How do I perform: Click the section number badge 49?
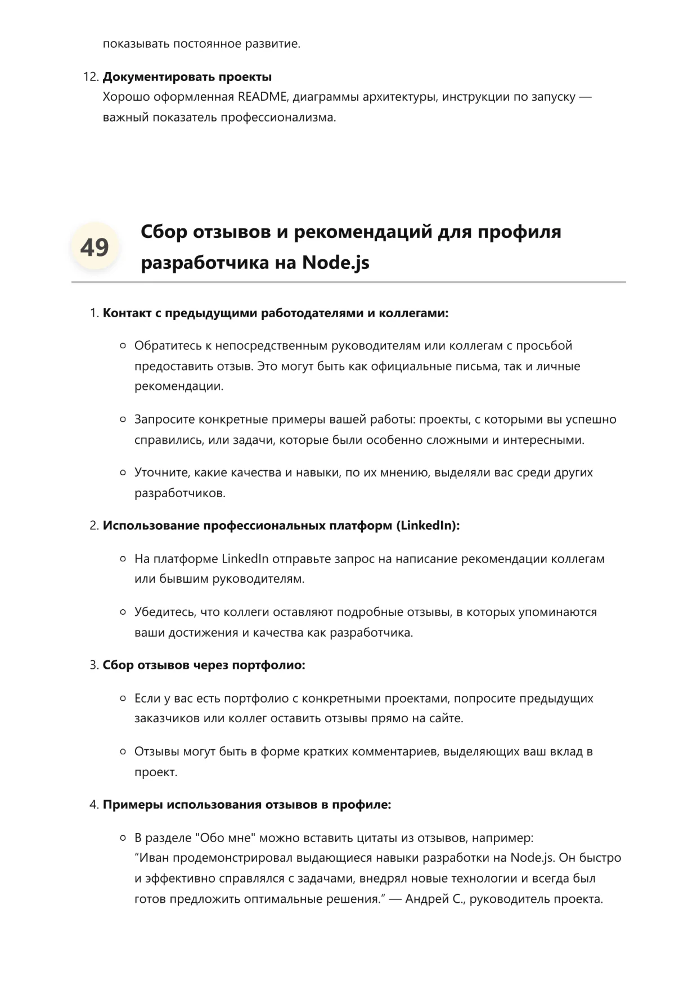[x=95, y=247]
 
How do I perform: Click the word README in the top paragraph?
[x=262, y=97]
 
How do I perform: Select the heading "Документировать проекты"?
[x=187, y=76]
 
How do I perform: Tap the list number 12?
[x=91, y=76]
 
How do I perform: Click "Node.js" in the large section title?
[x=335, y=262]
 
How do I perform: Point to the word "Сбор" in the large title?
[x=164, y=231]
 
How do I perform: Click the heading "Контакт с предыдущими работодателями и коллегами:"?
[x=275, y=313]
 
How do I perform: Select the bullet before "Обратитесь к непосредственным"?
[x=123, y=345]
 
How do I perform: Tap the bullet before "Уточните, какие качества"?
[x=123, y=472]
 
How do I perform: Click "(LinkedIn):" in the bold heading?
[x=428, y=525]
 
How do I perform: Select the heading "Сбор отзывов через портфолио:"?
[x=204, y=665]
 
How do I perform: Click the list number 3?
[x=94, y=665]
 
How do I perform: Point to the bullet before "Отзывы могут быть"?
[x=123, y=751]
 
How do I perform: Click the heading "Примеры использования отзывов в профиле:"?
[x=246, y=804]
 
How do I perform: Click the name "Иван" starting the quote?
[x=154, y=858]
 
